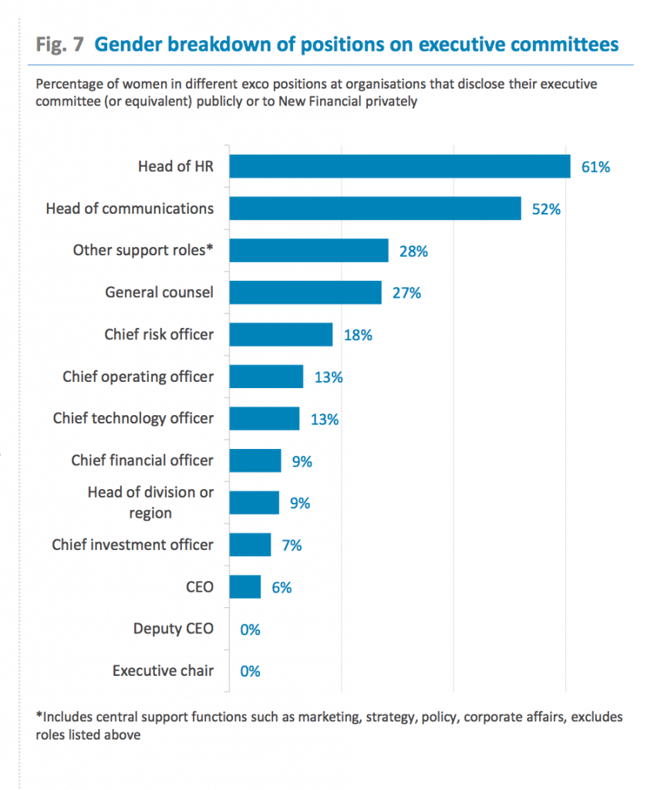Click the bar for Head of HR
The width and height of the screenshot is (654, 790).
pos(400,166)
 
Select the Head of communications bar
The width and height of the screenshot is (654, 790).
pos(376,208)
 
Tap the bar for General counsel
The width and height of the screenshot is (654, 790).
pos(306,292)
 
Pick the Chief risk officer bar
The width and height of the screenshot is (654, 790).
pos(281,335)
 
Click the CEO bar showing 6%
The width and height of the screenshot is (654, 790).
pos(246,587)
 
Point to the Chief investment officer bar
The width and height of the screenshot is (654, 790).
pos(251,545)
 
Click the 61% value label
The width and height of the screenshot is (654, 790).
pos(595,167)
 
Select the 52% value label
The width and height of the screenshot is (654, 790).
pos(545,208)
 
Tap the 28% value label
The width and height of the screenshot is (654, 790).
pos(413,251)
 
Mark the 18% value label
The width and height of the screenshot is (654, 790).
pos(357,335)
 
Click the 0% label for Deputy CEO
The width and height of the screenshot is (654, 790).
pos(250,630)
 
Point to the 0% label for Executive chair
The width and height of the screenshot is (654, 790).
pos(250,671)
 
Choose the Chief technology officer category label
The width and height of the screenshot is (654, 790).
pos(133,418)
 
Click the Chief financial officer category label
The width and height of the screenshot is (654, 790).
pos(143,461)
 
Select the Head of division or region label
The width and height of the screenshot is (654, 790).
pos(151,502)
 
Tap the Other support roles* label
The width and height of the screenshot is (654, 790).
pos(143,250)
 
